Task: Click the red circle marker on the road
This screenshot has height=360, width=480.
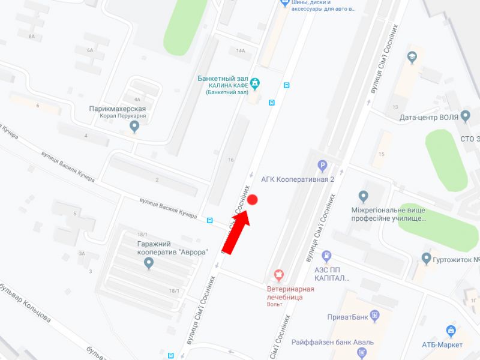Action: click(253, 200)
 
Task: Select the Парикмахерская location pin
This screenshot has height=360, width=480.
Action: click(134, 126)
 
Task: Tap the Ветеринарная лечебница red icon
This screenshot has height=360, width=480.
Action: click(278, 275)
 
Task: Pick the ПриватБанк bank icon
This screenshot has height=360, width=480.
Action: click(376, 315)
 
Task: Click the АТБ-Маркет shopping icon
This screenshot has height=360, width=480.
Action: click(451, 331)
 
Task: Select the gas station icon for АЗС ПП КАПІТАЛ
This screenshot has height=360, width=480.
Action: click(326, 257)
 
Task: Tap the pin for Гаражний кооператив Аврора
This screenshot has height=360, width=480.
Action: click(149, 263)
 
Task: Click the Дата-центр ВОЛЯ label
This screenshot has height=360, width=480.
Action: click(427, 117)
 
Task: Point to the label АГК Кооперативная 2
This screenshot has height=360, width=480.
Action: click(297, 179)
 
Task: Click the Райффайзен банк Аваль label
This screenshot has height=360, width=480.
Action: click(332, 343)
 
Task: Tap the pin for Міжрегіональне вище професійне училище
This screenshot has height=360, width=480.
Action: click(363, 197)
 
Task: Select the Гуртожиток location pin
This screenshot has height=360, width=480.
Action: click(427, 259)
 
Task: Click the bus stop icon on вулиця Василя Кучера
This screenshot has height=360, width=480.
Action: click(209, 220)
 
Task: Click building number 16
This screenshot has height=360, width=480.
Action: click(230, 160)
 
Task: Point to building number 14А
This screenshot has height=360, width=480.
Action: click(241, 51)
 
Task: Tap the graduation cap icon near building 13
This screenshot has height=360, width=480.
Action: click(412, 58)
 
